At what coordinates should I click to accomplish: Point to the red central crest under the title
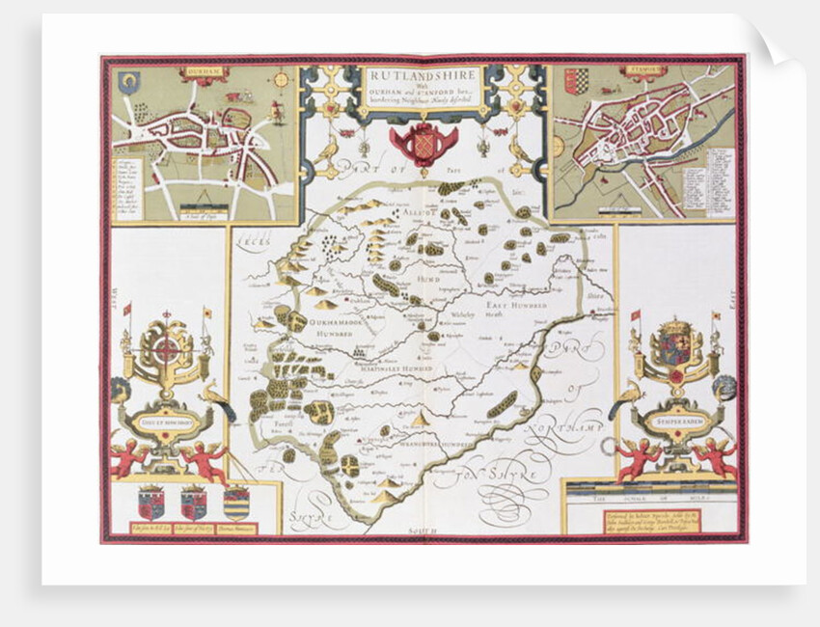click(x=423, y=142)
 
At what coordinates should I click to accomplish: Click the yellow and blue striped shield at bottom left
click(x=235, y=503)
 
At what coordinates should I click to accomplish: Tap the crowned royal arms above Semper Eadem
click(x=675, y=343)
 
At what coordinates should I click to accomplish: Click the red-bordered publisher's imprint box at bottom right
click(x=651, y=521)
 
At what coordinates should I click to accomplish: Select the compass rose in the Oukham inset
click(x=282, y=80)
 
